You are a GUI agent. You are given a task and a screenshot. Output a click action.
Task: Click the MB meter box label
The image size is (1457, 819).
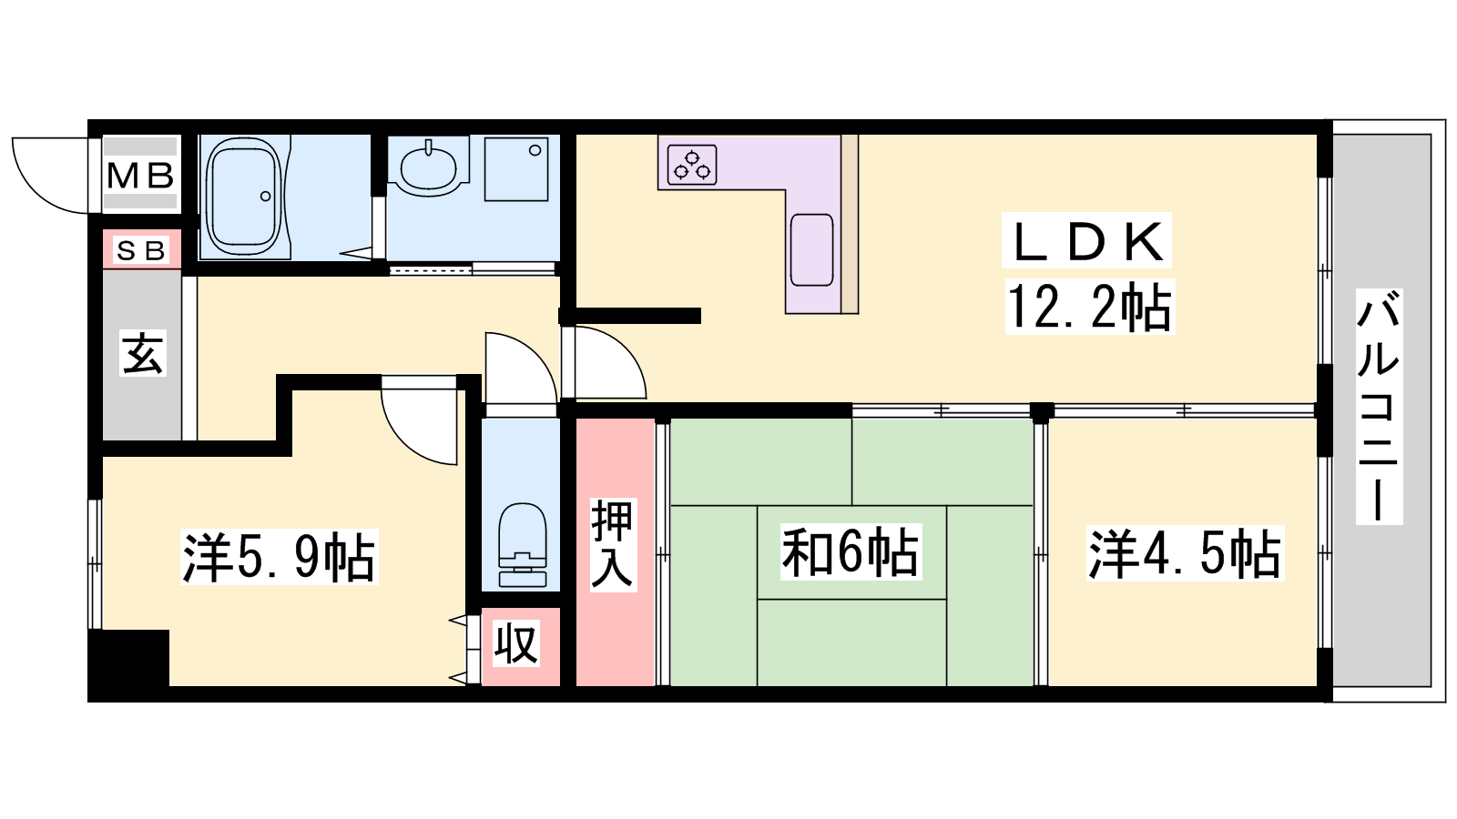click(140, 176)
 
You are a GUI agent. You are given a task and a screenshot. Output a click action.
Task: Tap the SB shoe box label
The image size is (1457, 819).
click(140, 250)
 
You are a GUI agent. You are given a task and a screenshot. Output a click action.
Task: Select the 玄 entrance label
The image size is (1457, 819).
click(142, 353)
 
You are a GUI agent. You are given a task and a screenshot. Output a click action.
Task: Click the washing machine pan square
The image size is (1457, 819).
click(516, 169)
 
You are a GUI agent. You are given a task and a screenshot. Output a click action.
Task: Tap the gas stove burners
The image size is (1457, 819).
click(692, 165)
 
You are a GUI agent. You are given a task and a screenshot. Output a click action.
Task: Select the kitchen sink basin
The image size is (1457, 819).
click(811, 249)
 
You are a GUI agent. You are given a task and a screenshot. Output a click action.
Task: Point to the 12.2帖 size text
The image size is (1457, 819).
click(1089, 307)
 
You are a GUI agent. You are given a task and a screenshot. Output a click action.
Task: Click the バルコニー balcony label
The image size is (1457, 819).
click(1379, 407)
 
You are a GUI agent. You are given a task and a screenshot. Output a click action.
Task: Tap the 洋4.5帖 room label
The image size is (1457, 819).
click(1184, 553)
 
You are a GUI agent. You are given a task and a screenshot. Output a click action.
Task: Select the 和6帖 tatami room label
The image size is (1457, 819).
click(851, 551)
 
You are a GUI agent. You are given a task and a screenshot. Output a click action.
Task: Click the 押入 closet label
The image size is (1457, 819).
click(613, 544)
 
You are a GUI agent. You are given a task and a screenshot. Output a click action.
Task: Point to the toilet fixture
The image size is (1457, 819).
click(522, 545)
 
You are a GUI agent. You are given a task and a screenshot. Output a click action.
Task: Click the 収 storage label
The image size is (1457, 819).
click(516, 643)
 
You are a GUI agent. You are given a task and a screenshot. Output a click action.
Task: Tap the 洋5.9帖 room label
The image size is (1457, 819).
click(280, 557)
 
